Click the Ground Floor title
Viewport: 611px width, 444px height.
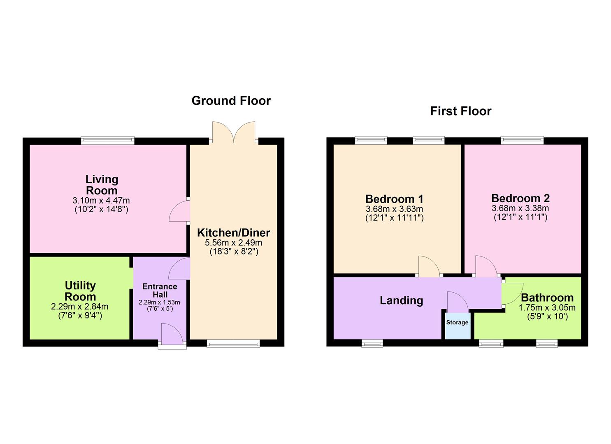coord(231,101)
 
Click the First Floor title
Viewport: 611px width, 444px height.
coord(460,111)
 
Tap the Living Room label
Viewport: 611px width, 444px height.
coord(102,185)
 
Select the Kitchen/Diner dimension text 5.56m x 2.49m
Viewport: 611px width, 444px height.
coord(233,243)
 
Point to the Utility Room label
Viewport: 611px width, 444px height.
coord(80,291)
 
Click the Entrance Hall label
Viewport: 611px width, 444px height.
coord(160,290)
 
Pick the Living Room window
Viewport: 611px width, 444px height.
coord(108,141)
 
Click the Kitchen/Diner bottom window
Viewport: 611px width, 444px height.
coord(233,343)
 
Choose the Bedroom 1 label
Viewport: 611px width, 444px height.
coord(394,199)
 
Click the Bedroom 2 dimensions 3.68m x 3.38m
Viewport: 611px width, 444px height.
coord(520,208)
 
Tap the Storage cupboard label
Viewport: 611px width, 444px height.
coord(457,322)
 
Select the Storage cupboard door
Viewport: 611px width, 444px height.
coord(457,302)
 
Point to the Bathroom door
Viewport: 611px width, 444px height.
coord(512,294)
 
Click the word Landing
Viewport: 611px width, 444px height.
coord(401,301)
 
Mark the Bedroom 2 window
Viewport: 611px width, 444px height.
coord(522,141)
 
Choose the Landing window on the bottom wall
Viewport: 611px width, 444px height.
coord(372,343)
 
